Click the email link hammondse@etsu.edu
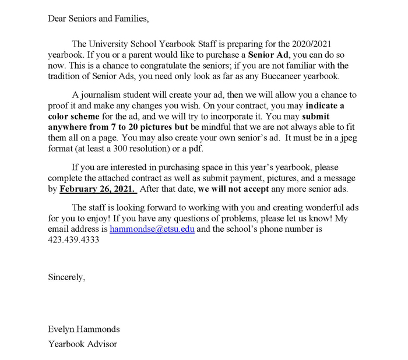pyautogui.click(x=152, y=230)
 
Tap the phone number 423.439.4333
pyautogui.click(x=73, y=240)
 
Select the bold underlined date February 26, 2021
pyautogui.click(x=98, y=189)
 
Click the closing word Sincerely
pyautogui.click(x=66, y=277)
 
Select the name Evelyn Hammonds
pyautogui.click(x=83, y=330)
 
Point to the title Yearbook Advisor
pyautogui.click(x=82, y=344)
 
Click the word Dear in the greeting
pyautogui.click(x=58, y=19)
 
